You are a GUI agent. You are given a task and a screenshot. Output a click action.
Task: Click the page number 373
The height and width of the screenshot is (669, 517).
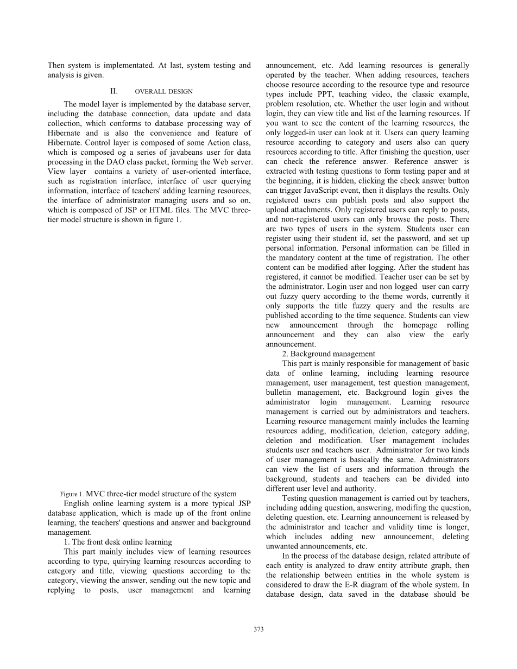(258, 629)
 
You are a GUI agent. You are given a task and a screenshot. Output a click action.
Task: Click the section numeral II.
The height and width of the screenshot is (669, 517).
(114, 91)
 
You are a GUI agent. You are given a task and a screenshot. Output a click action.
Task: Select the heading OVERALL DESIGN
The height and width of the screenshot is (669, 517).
(163, 92)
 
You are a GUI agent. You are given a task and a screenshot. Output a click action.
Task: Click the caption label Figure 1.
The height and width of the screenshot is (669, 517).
(72, 494)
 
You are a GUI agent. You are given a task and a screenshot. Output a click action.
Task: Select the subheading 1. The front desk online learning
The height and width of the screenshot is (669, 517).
(118, 542)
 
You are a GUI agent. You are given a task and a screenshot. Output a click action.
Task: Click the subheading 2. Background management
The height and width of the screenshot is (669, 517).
(329, 354)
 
